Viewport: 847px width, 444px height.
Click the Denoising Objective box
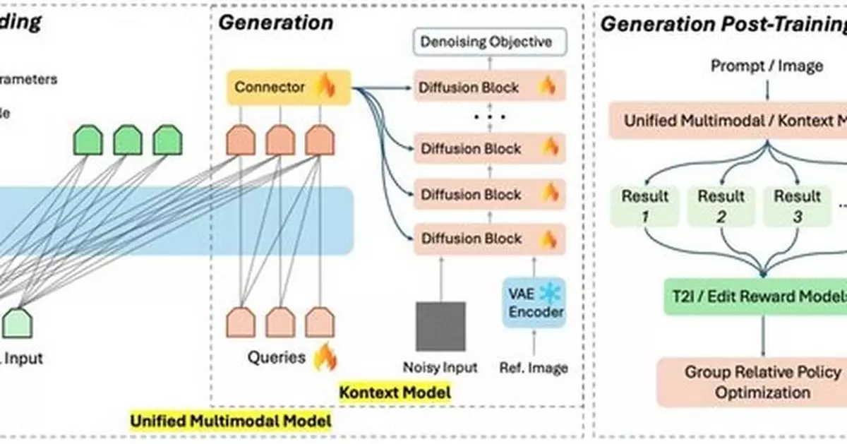point(486,42)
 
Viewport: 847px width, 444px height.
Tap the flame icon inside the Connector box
point(325,87)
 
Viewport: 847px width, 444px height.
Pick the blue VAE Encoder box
point(534,302)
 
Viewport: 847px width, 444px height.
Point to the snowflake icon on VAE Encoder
point(548,292)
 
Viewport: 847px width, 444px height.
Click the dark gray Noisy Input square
point(440,325)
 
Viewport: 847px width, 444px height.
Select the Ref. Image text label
point(534,368)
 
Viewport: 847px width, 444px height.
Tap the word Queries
point(276,358)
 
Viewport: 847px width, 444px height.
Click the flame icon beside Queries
point(325,357)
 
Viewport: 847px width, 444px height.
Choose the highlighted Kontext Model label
point(395,391)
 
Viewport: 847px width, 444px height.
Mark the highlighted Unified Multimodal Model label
point(231,421)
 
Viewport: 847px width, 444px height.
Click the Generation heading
point(275,23)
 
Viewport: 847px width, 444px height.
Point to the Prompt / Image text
point(767,66)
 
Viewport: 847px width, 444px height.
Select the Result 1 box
point(644,205)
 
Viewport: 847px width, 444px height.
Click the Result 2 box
point(721,205)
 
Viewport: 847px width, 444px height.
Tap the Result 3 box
point(797,205)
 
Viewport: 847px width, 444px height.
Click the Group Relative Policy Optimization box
point(762,381)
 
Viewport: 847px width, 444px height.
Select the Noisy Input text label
point(440,368)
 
